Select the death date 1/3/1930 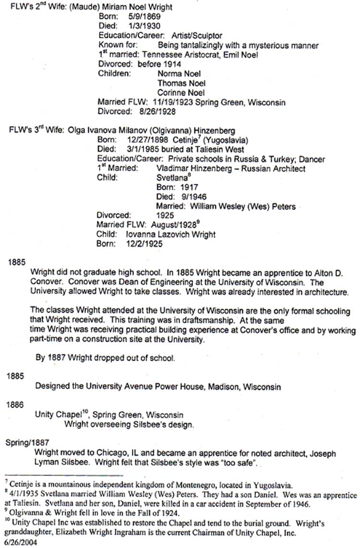point(144,26)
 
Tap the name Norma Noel point(176,74)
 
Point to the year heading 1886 point(15,404)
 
